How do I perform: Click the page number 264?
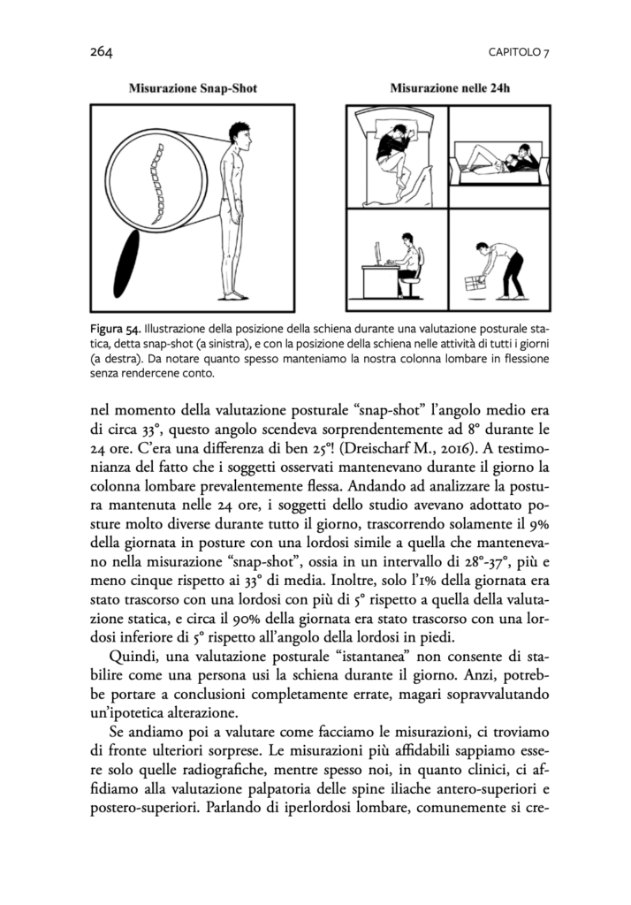[101, 52]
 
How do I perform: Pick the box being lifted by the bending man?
[476, 284]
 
